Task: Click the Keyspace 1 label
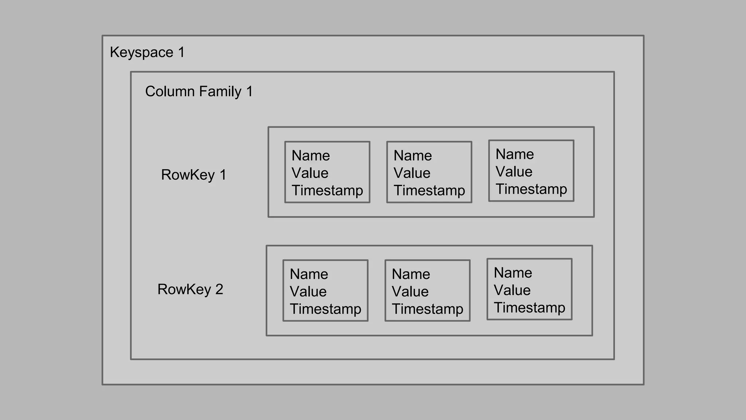point(147,52)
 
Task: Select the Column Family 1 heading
point(199,92)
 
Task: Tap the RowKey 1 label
point(193,175)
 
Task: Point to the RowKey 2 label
point(190,289)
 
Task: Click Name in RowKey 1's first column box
point(311,156)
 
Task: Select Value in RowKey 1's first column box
point(310,173)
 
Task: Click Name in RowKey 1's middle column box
point(413,156)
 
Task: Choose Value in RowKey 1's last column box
point(514,172)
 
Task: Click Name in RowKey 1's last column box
point(515,154)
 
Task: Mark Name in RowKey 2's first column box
point(309,274)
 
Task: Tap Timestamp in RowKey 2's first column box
point(325,309)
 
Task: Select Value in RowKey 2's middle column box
point(410,292)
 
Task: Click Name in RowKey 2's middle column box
point(411,274)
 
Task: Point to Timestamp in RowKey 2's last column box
point(529,308)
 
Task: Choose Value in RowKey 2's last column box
point(512,290)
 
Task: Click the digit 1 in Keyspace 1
point(181,52)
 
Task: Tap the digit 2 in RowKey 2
point(219,289)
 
